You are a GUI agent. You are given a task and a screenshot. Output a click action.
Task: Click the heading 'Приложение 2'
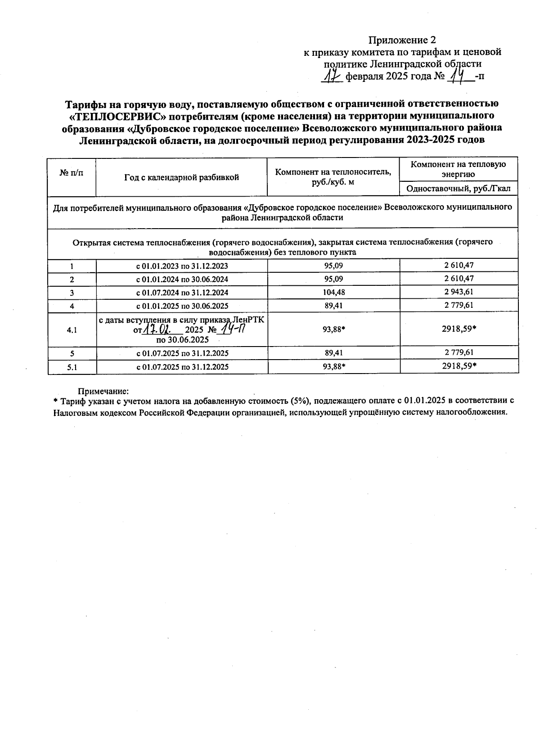point(402,40)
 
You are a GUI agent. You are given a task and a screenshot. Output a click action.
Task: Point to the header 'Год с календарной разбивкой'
point(181,177)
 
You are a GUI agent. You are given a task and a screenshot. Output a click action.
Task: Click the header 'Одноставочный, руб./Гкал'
point(458,189)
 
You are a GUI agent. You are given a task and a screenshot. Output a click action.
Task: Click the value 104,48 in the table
point(333,292)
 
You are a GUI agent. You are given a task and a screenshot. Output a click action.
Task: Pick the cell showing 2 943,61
point(459,292)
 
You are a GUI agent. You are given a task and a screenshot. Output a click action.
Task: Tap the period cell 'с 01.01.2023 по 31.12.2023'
point(182,266)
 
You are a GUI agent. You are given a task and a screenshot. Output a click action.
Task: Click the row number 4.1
point(72,330)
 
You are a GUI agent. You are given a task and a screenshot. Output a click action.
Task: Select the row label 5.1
point(72,367)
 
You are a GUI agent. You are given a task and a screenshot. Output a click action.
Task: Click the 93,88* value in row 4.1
point(333,329)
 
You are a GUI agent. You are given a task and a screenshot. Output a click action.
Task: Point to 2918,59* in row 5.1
point(459,366)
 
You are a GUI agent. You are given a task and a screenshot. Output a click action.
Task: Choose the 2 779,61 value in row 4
point(459,305)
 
